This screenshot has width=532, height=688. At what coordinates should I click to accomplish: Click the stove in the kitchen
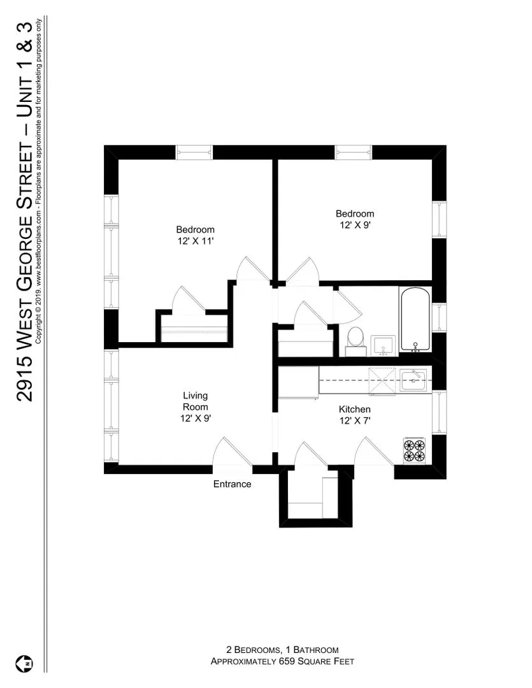[413, 450]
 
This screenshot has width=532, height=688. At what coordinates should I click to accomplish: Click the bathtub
[415, 319]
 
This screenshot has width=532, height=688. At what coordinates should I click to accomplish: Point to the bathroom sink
[382, 344]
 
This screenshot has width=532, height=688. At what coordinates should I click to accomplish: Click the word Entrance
[232, 484]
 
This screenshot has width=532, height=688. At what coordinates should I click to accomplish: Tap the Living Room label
[195, 407]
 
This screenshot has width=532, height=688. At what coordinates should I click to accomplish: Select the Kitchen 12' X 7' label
[355, 415]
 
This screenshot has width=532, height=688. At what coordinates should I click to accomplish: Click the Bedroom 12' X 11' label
[195, 235]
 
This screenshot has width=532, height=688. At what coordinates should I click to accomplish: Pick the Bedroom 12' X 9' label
[355, 219]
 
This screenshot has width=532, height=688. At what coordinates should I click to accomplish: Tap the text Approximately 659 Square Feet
[282, 661]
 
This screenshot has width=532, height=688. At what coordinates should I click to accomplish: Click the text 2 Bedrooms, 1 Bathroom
[282, 649]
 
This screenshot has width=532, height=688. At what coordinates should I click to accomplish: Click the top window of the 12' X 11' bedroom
[194, 152]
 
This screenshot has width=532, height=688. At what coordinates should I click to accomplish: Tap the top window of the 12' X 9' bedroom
[353, 152]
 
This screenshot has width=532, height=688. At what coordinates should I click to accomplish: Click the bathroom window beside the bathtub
[438, 317]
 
